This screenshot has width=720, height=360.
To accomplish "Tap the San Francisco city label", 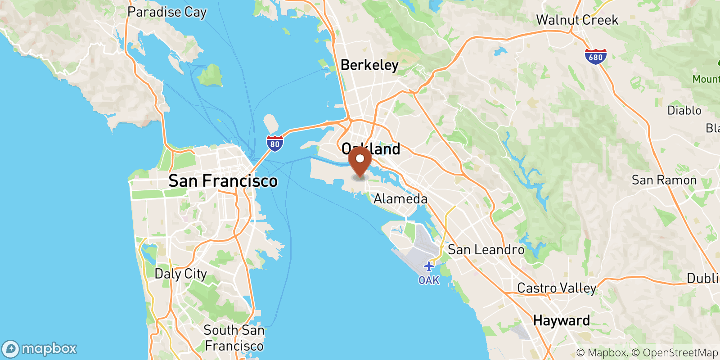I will pyautogui.click(x=223, y=181).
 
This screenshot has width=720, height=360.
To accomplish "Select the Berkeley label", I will pyautogui.click(x=369, y=65).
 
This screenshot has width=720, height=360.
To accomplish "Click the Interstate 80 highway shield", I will pyautogui.click(x=274, y=144).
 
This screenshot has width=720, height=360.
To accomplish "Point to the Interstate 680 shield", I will pyautogui.click(x=595, y=57).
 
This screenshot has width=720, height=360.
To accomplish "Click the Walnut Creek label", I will pyautogui.click(x=577, y=20).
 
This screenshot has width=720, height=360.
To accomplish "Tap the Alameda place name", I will pyautogui.click(x=400, y=198).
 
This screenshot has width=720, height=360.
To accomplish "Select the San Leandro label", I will pyautogui.click(x=486, y=249).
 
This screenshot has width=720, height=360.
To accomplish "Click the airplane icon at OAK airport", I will pyautogui.click(x=429, y=266).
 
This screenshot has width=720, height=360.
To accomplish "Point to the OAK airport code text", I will pyautogui.click(x=429, y=280).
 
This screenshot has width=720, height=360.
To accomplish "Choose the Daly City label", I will pyautogui.click(x=180, y=274).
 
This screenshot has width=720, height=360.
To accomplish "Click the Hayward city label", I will pyautogui.click(x=561, y=320).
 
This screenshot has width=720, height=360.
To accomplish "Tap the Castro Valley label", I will pyautogui.click(x=557, y=288).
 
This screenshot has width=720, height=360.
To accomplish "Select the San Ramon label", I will pyautogui.click(x=664, y=180).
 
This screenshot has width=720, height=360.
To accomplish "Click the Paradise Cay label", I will pyautogui.click(x=167, y=12).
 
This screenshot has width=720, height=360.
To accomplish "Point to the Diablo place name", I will pyautogui.click(x=684, y=110).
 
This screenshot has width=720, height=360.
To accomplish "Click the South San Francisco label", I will pyautogui.click(x=234, y=337).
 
